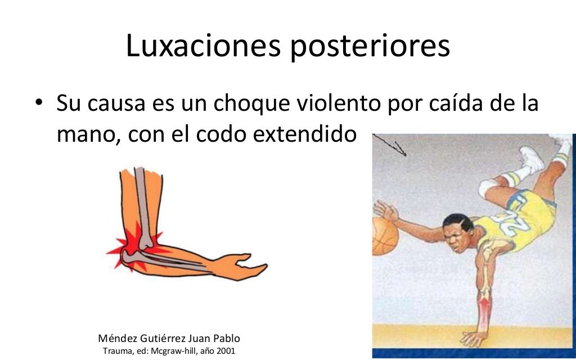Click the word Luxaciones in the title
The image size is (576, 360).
click(202, 46)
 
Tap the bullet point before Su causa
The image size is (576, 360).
click(38, 104)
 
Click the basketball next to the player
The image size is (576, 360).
click(385, 236)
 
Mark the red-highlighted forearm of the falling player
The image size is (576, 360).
click(483, 307)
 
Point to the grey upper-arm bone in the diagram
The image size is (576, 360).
click(144, 202)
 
